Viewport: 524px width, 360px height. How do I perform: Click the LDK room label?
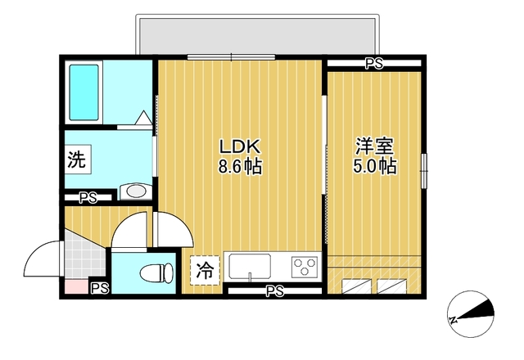pos(239,146)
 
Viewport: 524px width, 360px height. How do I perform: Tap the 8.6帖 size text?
pos(240,166)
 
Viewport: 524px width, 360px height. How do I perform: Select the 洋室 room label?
pos(375,146)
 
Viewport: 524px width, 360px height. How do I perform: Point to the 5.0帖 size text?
pos(375,166)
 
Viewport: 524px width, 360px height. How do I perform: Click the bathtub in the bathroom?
pos(84,92)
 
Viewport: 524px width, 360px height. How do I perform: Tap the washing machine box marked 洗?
pos(78,160)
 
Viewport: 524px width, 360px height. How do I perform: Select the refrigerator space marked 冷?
pos(205,270)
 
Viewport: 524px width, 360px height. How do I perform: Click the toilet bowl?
pos(156,272)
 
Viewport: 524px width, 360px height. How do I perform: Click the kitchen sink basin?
pos(250,266)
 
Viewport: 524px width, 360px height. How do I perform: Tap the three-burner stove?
pos(304,267)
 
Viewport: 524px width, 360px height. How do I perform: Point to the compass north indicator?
pos(471,314)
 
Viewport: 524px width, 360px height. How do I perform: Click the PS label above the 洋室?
pos(374,64)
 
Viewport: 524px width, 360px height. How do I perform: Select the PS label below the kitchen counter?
pos(275,290)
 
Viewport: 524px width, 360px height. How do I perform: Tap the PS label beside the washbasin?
pos(88,198)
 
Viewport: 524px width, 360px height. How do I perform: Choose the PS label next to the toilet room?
pos(100,288)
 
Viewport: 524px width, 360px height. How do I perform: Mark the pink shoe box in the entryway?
pos(76,287)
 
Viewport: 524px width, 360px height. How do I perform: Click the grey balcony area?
pos(257,36)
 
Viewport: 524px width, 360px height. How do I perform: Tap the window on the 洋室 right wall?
pos(424,171)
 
